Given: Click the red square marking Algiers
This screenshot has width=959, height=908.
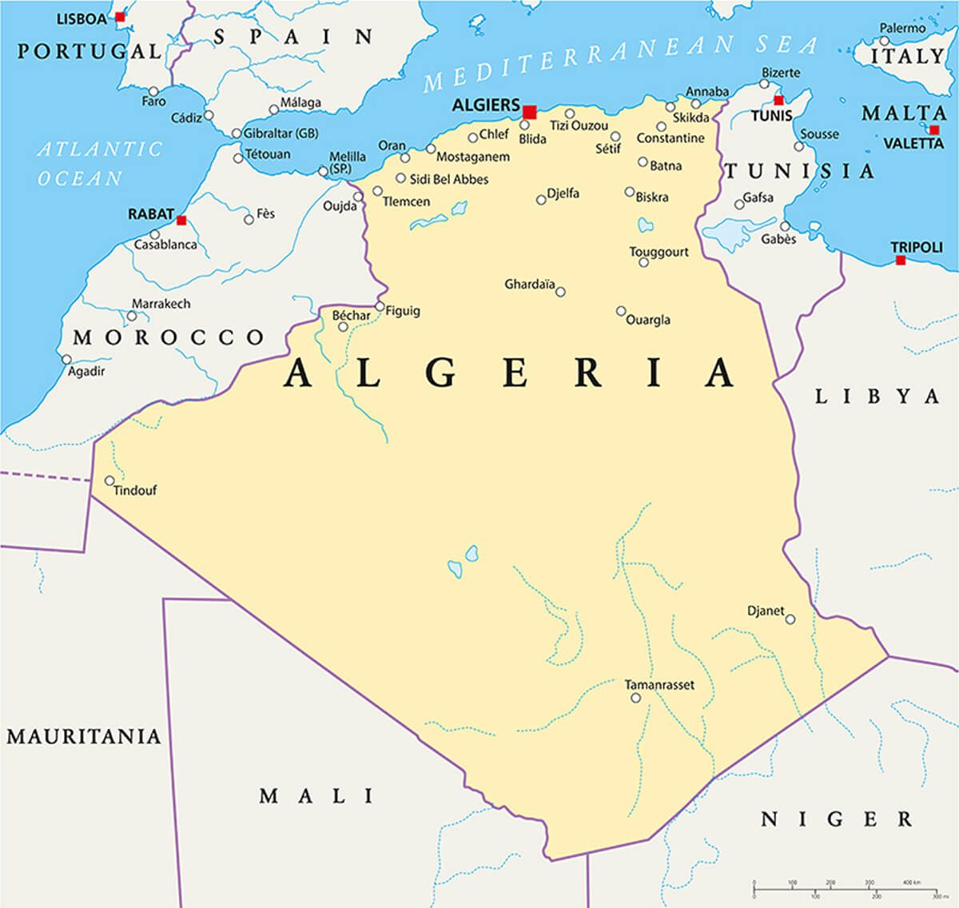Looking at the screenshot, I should pyautogui.click(x=529, y=111).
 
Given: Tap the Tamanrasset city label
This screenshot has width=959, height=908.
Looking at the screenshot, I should pyautogui.click(x=659, y=685).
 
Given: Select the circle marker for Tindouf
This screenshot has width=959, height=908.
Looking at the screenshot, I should pyautogui.click(x=109, y=481).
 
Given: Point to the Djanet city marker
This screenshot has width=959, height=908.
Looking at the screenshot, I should pyautogui.click(x=790, y=619).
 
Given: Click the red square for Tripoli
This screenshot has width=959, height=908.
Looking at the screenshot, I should pyautogui.click(x=901, y=260).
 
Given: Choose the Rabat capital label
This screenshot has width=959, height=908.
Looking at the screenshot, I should pyautogui.click(x=150, y=214).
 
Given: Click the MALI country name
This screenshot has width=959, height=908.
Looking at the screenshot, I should pyautogui.click(x=316, y=795).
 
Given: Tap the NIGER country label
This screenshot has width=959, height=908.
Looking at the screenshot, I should pyautogui.click(x=836, y=818).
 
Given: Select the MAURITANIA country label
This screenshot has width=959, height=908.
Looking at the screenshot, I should pyautogui.click(x=84, y=735).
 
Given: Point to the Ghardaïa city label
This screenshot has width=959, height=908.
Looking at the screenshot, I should pyautogui.click(x=529, y=284).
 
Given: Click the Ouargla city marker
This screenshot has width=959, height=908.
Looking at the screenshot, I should pyautogui.click(x=620, y=311).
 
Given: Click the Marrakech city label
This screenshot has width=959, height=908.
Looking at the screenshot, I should pyautogui.click(x=161, y=304).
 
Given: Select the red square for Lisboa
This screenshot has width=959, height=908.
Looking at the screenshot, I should pyautogui.click(x=120, y=17).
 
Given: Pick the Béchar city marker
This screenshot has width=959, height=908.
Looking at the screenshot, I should pyautogui.click(x=343, y=326).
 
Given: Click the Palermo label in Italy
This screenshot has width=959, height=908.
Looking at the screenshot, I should pyautogui.click(x=902, y=28).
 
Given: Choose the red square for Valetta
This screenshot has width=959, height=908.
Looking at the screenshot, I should pyautogui.click(x=934, y=129).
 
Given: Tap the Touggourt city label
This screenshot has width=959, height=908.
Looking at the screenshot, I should pyautogui.click(x=659, y=252).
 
